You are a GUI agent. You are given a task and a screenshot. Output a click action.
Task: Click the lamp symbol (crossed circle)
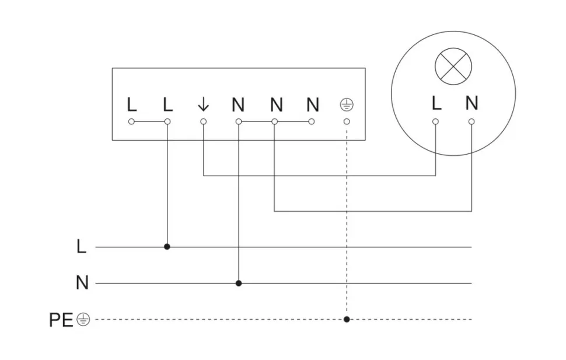453,68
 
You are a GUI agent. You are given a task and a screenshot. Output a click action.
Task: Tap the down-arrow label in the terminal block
203,104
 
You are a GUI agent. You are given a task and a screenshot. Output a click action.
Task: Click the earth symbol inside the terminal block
347,105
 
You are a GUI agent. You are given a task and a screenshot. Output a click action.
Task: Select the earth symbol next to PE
83,320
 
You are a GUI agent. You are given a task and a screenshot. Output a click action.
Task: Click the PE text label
61,320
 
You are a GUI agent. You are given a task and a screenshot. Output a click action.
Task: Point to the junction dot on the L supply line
167,247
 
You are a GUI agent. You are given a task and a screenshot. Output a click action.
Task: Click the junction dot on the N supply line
238,284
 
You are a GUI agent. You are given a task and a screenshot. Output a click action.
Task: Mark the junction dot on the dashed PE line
347,320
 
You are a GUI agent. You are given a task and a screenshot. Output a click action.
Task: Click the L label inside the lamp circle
436,104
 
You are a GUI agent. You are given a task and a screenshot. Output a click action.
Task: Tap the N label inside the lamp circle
472,104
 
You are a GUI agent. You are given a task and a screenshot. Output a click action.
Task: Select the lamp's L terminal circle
435,121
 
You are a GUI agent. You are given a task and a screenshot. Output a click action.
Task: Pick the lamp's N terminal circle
471,121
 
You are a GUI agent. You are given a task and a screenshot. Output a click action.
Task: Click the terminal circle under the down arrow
203,121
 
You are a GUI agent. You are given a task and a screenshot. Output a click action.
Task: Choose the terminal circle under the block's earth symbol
347,121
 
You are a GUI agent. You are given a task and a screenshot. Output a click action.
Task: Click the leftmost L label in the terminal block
131,105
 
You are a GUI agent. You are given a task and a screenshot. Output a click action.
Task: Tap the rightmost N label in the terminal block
313,105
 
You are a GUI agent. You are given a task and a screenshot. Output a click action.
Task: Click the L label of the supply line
81,247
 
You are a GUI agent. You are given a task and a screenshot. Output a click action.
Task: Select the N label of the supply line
82,284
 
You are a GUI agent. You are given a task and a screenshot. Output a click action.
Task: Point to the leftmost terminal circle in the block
131,121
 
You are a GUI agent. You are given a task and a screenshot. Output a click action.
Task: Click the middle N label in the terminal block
277,105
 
